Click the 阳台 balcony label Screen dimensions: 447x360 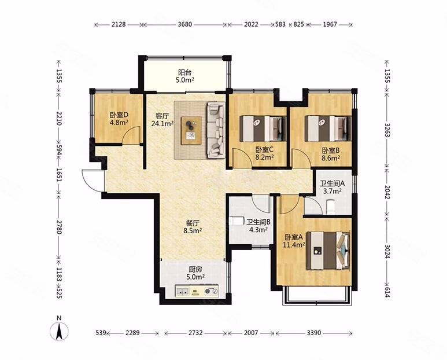184,72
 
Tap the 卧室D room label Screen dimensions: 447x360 119,115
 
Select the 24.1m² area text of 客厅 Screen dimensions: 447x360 162,124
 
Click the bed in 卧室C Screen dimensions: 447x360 263,128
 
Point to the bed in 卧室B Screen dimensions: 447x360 328,128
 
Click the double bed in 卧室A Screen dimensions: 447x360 328,251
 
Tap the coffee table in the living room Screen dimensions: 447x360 191,130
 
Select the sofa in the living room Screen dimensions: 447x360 216,130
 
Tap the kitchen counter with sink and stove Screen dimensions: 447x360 197,291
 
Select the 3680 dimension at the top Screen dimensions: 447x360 184,24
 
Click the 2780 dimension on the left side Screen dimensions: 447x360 59,227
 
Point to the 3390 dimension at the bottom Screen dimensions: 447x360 314,333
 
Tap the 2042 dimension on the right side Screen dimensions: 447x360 387,192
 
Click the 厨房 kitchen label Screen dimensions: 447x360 195,269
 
